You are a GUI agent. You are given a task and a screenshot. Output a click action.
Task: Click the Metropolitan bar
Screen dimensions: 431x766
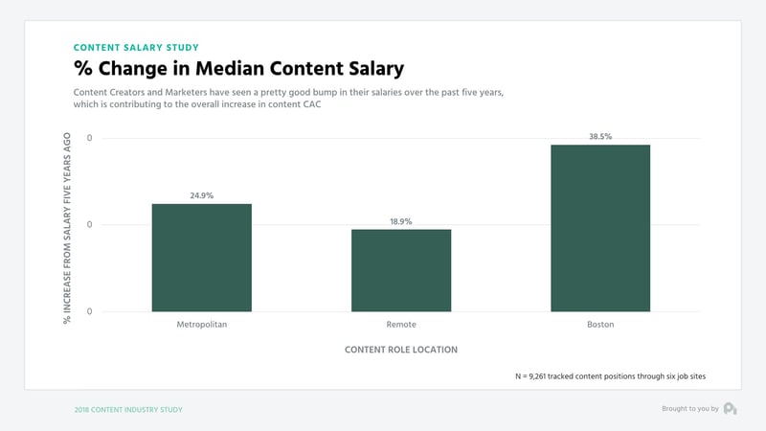click(201, 258)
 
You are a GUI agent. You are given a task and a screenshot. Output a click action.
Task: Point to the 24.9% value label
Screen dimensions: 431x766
click(201, 195)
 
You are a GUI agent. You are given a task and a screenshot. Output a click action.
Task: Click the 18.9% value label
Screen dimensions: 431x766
click(400, 221)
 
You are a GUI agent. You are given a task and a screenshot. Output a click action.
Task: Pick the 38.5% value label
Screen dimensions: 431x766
click(600, 137)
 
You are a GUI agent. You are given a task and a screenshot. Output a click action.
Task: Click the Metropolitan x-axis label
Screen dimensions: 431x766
click(201, 325)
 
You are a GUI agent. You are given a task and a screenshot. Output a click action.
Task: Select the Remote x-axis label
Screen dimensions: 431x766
click(400, 325)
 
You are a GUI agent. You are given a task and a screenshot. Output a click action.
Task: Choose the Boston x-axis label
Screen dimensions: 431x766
click(600, 325)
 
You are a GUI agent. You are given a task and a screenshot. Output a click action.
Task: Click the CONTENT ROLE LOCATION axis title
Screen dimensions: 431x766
click(400, 350)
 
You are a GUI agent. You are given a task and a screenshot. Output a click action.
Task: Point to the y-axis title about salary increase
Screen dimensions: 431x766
click(68, 227)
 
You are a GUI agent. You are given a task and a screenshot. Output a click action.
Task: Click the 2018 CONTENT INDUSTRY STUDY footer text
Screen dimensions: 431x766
click(128, 409)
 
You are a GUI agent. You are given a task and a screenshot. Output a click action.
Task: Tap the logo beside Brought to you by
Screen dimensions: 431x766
click(730, 409)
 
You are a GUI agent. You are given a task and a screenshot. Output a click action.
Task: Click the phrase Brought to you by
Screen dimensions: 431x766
click(689, 409)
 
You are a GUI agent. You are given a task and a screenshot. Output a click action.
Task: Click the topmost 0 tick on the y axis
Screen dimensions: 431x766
click(90, 139)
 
